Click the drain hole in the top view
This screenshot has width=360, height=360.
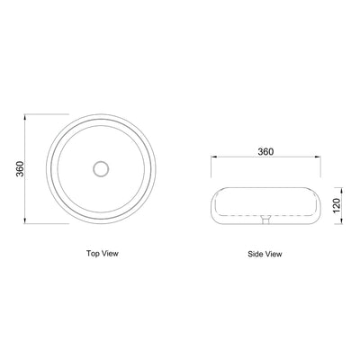coord(101,167)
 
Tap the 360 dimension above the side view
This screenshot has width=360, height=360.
coord(265,152)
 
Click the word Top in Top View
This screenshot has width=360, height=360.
coord(94,254)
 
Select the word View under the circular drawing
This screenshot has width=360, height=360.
coord(111,254)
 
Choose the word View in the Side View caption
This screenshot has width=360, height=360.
coord(273,254)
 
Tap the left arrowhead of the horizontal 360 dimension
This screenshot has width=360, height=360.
coord(212,159)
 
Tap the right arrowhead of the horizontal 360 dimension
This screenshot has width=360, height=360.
coord(319,159)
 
